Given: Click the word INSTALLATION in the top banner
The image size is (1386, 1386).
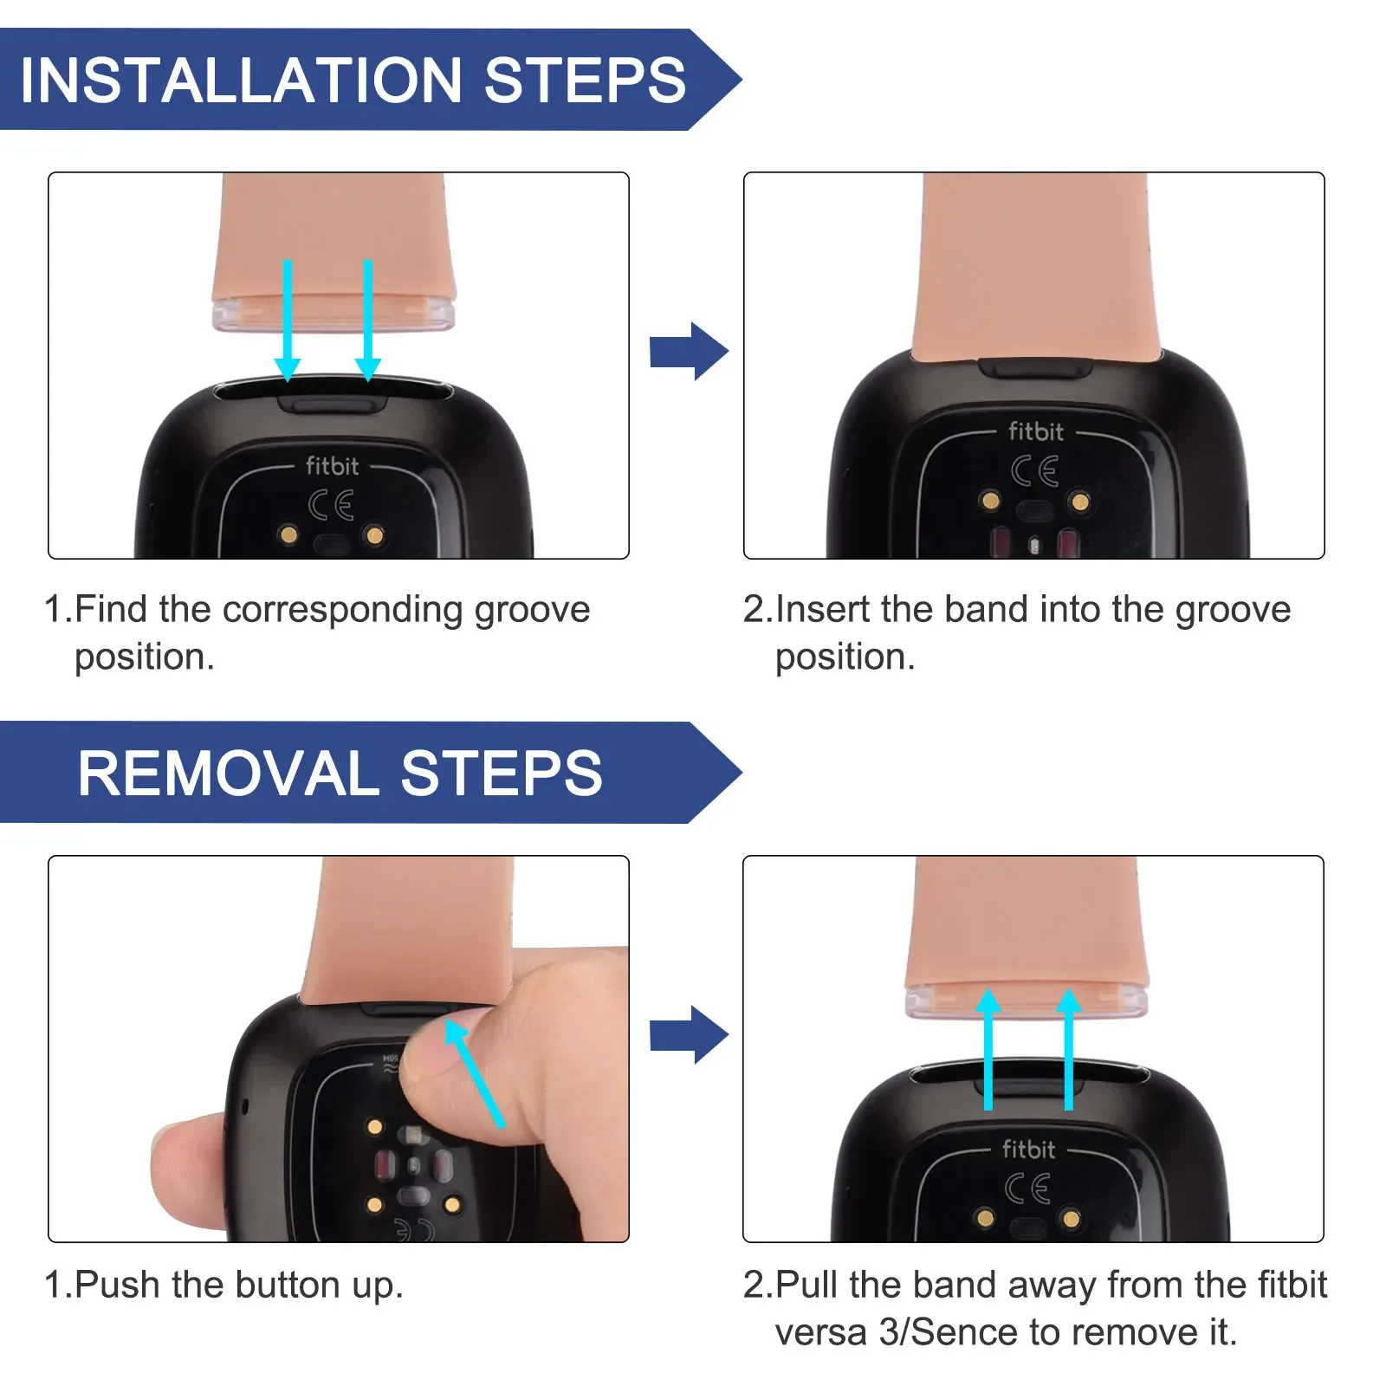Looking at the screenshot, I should coord(240,81).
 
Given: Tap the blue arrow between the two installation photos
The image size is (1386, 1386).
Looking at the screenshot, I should coord(689,352).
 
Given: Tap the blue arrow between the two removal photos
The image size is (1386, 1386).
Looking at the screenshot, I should coord(689,1035).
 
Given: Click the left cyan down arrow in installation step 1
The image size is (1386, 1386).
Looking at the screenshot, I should coord(288,321).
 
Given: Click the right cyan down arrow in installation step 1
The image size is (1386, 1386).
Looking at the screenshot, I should coord(368,321).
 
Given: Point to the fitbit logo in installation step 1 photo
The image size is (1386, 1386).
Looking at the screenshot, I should coord(332,466).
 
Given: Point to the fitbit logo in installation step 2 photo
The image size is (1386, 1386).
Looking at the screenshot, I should coord(1035,431).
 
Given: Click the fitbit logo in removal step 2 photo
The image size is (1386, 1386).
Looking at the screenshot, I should coord(1028,1150).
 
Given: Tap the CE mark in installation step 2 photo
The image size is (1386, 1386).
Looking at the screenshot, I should coord(1034,471).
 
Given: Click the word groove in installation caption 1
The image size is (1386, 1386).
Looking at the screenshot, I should coord(532,611).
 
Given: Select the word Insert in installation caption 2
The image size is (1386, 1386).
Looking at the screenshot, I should coord(822,610).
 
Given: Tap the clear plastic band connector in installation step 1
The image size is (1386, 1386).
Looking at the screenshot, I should coord(334,314).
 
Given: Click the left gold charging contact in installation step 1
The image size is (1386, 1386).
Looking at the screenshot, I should coord(288,534).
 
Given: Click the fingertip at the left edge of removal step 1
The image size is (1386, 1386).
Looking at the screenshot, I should coord(182,1169).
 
